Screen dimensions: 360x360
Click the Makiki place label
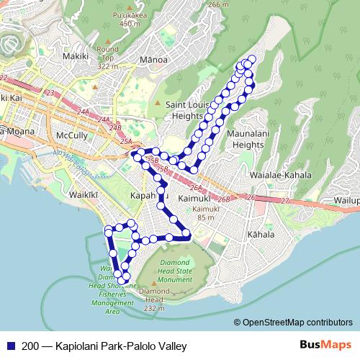[x=75, y=55]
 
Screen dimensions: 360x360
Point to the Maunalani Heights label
[x=245, y=140]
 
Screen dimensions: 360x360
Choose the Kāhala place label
[x=260, y=235]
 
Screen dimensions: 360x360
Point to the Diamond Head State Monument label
[x=175, y=271]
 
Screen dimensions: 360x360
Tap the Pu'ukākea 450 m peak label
[x=130, y=17]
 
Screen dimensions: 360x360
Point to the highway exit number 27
[x=284, y=200]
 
